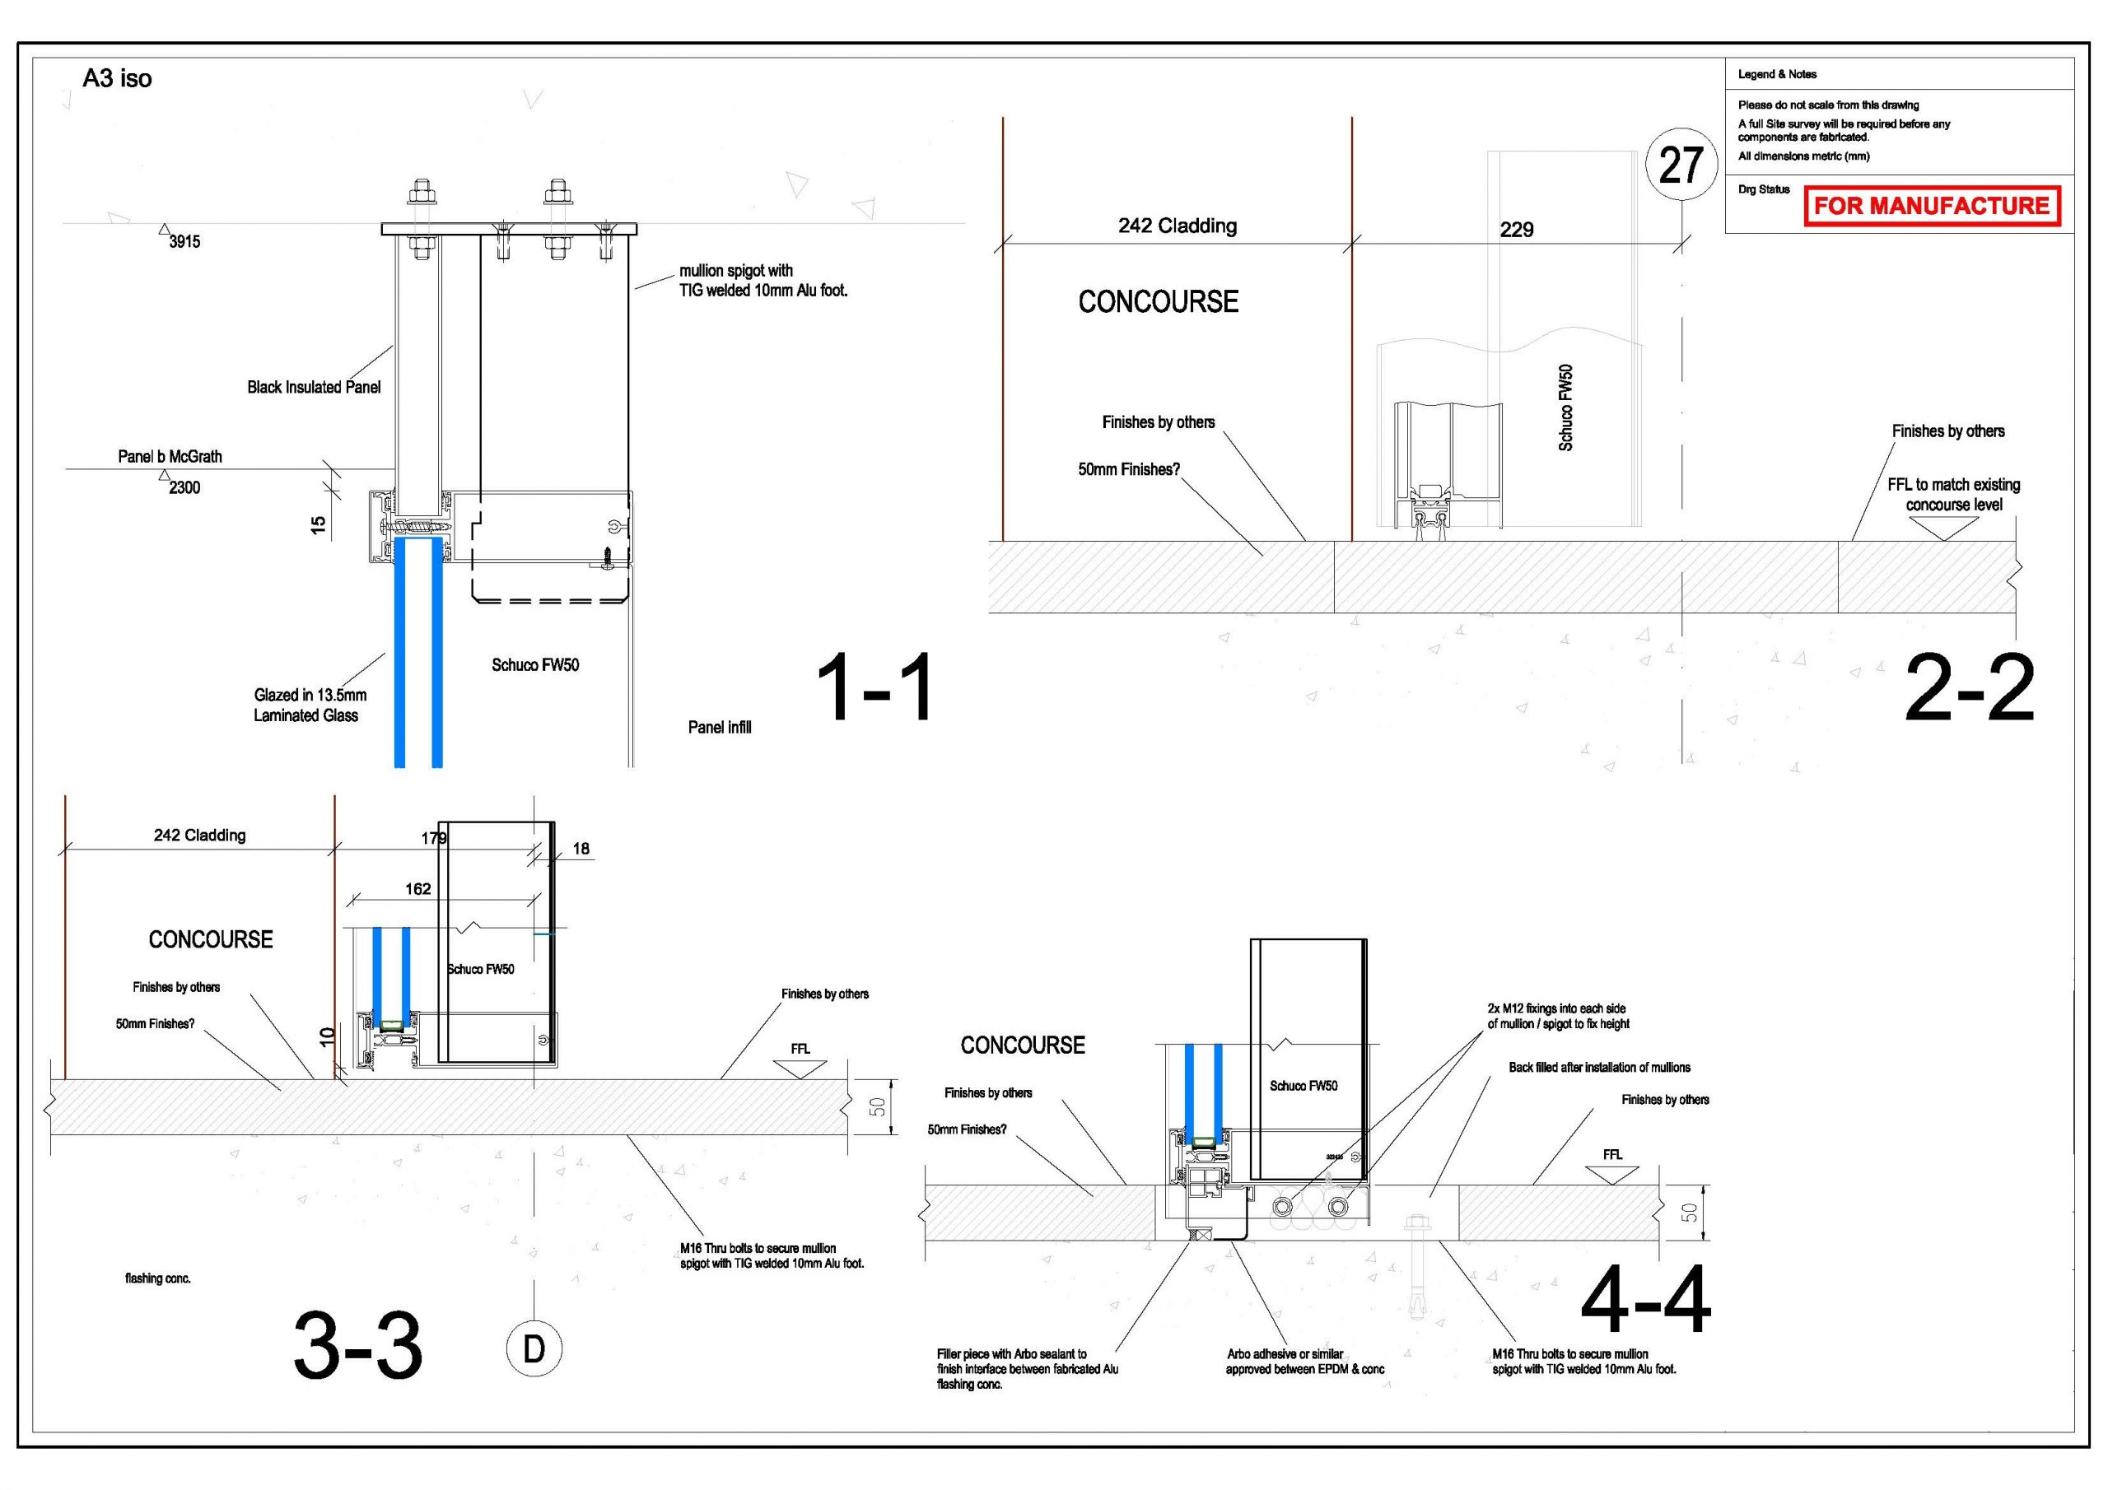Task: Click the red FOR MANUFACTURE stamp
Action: point(1933,206)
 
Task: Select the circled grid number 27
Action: point(1681,165)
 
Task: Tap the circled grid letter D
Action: point(534,1348)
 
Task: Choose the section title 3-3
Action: point(358,1346)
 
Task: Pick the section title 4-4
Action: point(1646,1300)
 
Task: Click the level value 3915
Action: point(184,241)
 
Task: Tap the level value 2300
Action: point(184,487)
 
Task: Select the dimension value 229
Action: point(1517,230)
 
